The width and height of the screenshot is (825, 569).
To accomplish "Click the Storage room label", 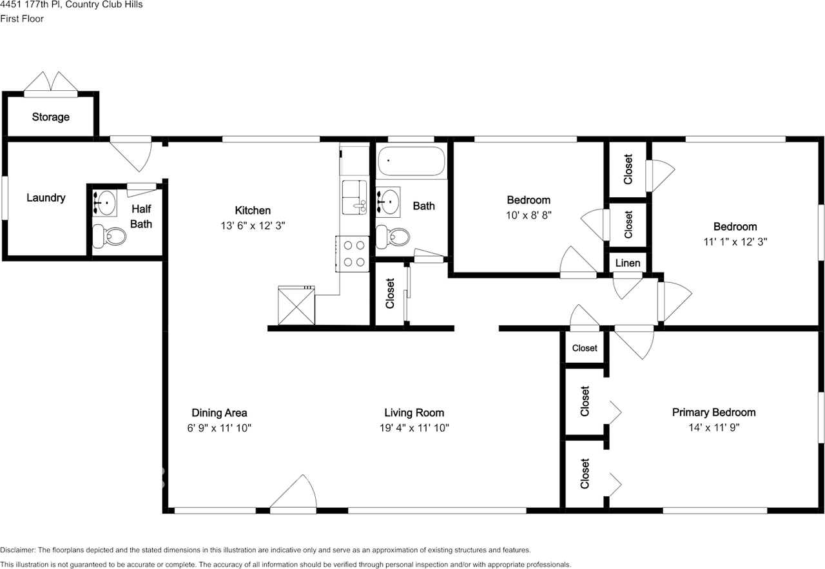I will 50,117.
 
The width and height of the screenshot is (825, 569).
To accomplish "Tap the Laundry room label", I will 46,198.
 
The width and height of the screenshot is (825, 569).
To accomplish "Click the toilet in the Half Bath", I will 108,236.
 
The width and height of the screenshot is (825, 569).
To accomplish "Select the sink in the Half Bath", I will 105,202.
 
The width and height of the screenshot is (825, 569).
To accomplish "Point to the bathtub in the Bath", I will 411,161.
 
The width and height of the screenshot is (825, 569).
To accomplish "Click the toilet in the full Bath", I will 393,237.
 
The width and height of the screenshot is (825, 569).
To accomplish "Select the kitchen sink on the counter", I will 354,197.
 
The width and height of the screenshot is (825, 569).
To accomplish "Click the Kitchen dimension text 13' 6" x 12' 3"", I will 253,226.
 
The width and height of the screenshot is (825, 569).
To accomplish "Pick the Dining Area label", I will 219,413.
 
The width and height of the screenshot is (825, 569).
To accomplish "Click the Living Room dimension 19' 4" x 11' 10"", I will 414,429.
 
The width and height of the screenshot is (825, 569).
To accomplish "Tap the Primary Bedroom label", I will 713,412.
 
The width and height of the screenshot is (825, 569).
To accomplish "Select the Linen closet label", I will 628,263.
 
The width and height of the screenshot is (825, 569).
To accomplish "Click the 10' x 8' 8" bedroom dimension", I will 529,216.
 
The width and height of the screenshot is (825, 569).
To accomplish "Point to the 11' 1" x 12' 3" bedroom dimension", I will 735,242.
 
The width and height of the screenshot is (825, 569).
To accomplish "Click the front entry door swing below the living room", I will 295,495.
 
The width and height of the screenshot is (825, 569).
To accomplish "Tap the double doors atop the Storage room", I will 50,83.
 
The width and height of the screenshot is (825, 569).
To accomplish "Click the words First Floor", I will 22,19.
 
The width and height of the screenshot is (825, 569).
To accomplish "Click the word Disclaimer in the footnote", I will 17,550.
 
